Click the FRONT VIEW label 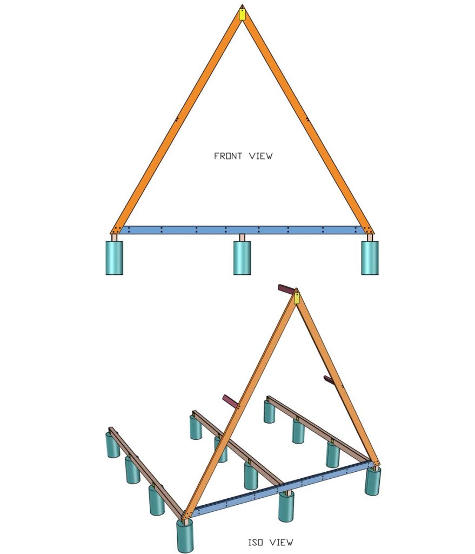[x=243, y=156]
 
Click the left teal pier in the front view [x=114, y=258]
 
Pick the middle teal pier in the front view [x=242, y=258]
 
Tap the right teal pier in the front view [x=370, y=258]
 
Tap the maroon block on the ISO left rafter [x=230, y=401]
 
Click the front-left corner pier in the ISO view [x=185, y=536]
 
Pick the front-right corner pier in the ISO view [x=372, y=480]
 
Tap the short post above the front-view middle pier [x=242, y=238]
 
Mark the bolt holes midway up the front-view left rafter [x=176, y=119]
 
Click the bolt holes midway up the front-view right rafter [x=307, y=118]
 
